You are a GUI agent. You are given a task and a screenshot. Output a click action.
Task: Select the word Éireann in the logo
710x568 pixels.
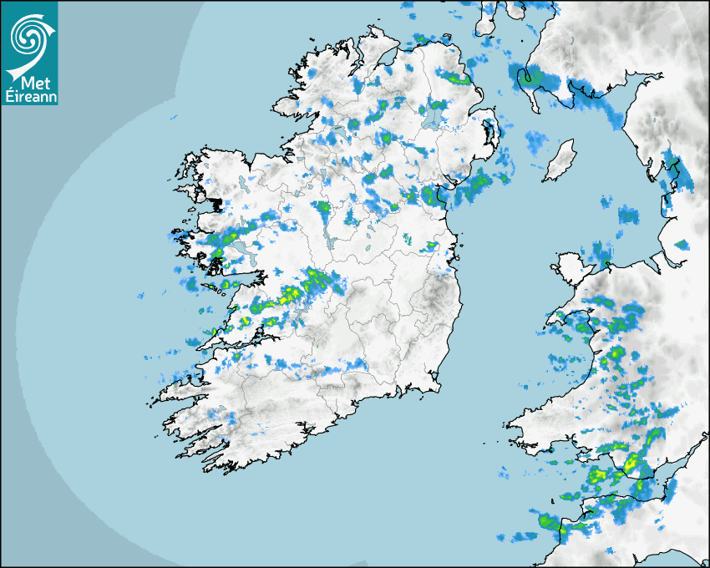coord(29,95)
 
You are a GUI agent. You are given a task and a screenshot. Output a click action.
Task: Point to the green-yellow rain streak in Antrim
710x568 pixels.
coord(457,79)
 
